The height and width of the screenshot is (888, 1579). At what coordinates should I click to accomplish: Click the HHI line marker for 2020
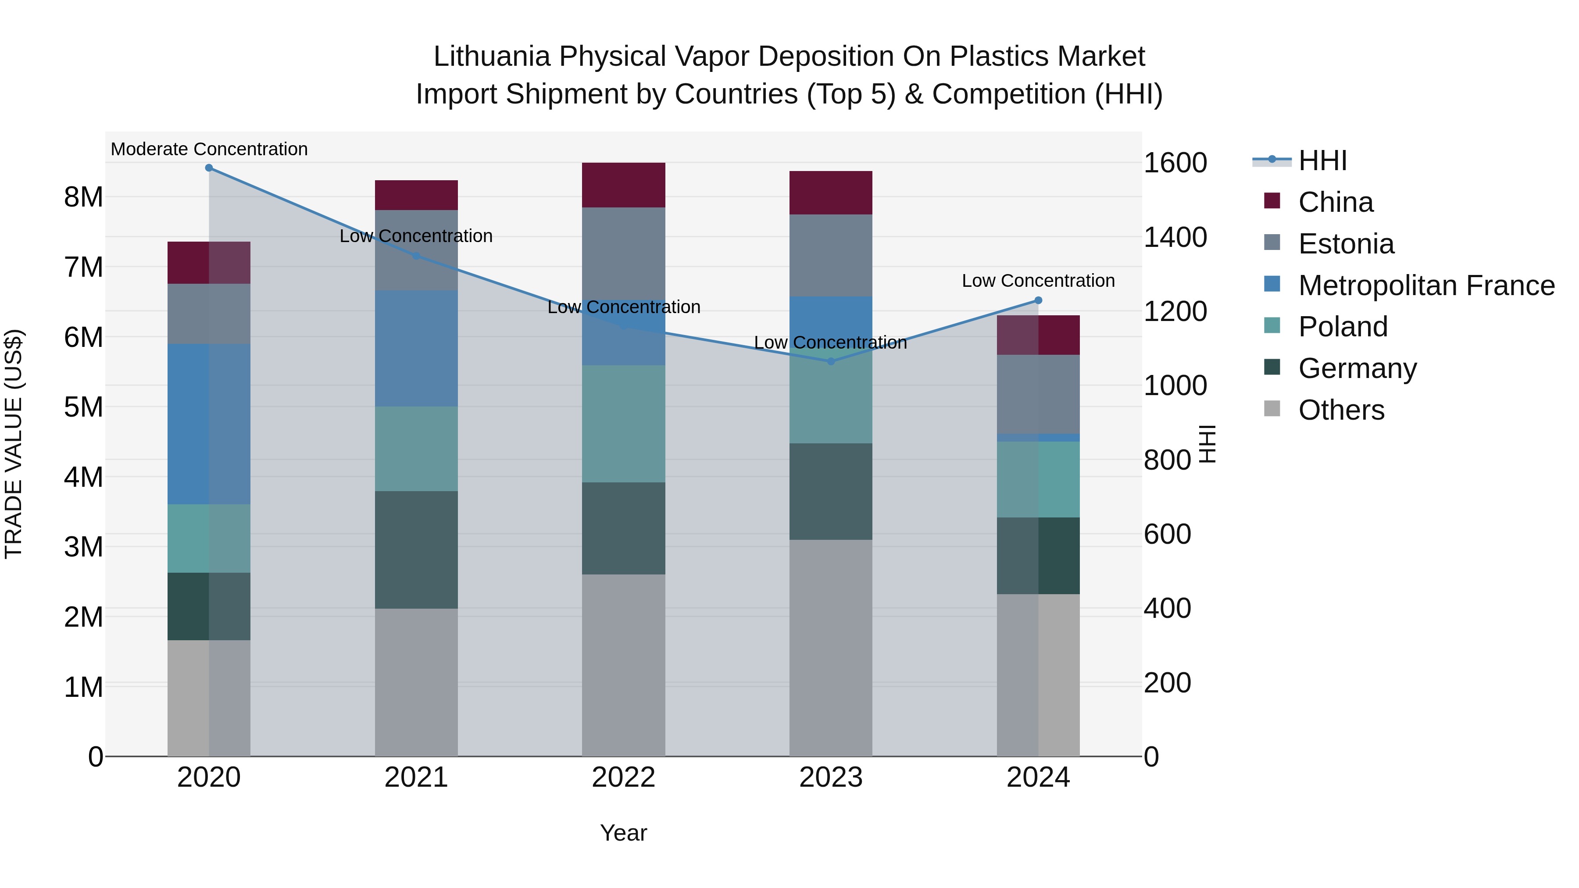(x=209, y=168)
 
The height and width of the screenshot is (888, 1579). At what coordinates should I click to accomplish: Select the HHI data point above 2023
(x=831, y=362)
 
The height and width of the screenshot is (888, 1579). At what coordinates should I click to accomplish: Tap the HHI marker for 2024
(x=1038, y=300)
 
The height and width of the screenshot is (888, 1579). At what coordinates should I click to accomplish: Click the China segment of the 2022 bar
(x=623, y=185)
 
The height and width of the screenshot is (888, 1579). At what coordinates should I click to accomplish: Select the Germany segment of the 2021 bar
(x=416, y=550)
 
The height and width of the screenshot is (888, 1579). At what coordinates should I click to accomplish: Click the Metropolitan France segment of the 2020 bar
(x=209, y=424)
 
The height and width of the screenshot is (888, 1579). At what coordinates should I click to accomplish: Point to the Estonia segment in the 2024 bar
(x=1038, y=394)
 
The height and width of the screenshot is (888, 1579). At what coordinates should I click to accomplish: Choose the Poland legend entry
(x=1343, y=327)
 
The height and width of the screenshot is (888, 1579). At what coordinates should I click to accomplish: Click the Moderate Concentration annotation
(x=209, y=149)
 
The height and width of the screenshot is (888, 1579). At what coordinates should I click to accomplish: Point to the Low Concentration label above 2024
(x=1038, y=281)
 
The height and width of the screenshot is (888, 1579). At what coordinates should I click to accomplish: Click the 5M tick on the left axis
(x=83, y=407)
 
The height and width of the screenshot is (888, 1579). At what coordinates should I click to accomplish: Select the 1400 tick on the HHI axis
(x=1175, y=237)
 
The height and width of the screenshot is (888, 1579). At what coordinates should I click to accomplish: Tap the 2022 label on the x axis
(x=623, y=777)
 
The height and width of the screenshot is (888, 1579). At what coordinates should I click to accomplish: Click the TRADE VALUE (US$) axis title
(x=14, y=444)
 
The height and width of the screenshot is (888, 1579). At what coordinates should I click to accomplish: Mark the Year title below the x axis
(x=623, y=833)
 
